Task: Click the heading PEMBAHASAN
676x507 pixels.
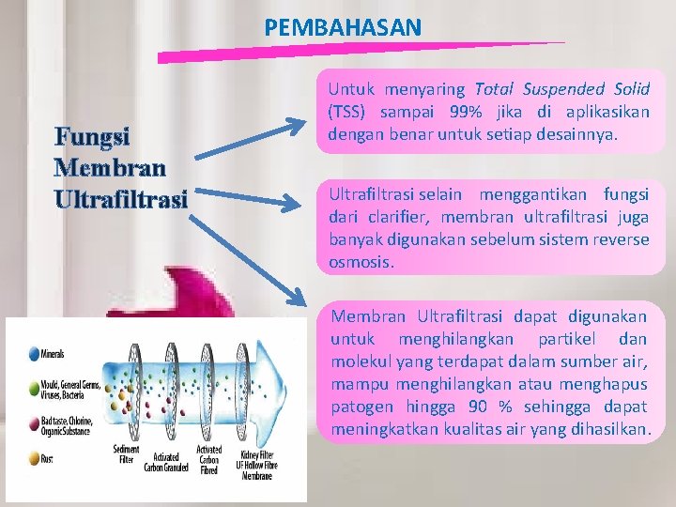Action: pos(343,28)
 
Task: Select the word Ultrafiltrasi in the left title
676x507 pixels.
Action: pos(122,199)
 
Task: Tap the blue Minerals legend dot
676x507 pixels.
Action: pos(33,354)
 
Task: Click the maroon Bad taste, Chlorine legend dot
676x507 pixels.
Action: pos(33,424)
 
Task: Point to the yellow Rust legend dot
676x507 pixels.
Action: pos(33,458)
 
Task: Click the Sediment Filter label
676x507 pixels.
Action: pos(127,453)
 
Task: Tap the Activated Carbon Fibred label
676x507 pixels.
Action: pos(209,459)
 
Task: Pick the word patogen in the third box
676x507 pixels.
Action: pos(358,407)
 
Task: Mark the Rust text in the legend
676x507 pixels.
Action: pos(48,459)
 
